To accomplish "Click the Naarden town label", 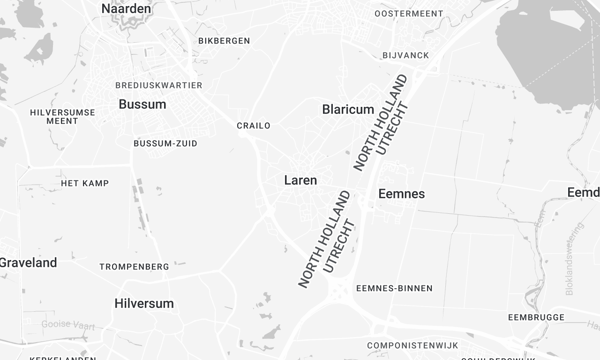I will point(127,9).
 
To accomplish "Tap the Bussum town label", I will point(142,104).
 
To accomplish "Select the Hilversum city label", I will point(144,303).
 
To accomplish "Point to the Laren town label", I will point(300,181).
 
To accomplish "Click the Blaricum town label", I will point(348,109).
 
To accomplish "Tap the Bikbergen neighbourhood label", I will point(224,41).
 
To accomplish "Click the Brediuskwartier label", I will point(159,85).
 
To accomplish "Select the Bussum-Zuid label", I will point(165,143).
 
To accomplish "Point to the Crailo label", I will point(253,126).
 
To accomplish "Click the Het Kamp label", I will point(84,183).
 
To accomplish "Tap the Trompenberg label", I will point(134,267).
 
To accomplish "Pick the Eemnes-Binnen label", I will point(394,288).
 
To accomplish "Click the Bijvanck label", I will point(405,55).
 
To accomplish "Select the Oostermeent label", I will point(408,13).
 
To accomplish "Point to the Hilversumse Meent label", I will point(63,116).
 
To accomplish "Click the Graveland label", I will point(28,262).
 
